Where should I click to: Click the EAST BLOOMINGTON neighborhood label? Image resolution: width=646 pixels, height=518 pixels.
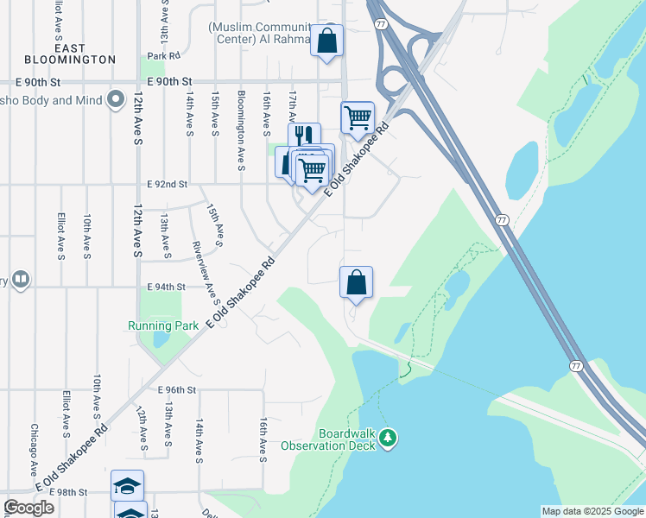click(84, 54)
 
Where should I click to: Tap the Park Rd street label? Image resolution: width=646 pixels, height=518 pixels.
click(162, 56)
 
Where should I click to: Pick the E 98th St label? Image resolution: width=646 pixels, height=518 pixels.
click(69, 492)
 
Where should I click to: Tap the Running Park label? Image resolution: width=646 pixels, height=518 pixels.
click(163, 325)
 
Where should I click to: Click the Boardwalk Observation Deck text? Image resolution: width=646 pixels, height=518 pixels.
click(333, 439)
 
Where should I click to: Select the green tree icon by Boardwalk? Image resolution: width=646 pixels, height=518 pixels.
click(389, 439)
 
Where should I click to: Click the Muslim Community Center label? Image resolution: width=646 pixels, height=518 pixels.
click(270, 33)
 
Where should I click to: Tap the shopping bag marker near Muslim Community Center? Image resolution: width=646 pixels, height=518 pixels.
click(327, 41)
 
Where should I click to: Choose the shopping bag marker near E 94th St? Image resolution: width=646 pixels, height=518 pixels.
click(356, 282)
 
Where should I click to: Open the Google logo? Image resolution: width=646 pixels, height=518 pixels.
click(29, 508)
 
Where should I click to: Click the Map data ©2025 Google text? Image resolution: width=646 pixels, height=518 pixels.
click(592, 511)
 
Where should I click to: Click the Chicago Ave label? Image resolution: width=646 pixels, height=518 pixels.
click(35, 448)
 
